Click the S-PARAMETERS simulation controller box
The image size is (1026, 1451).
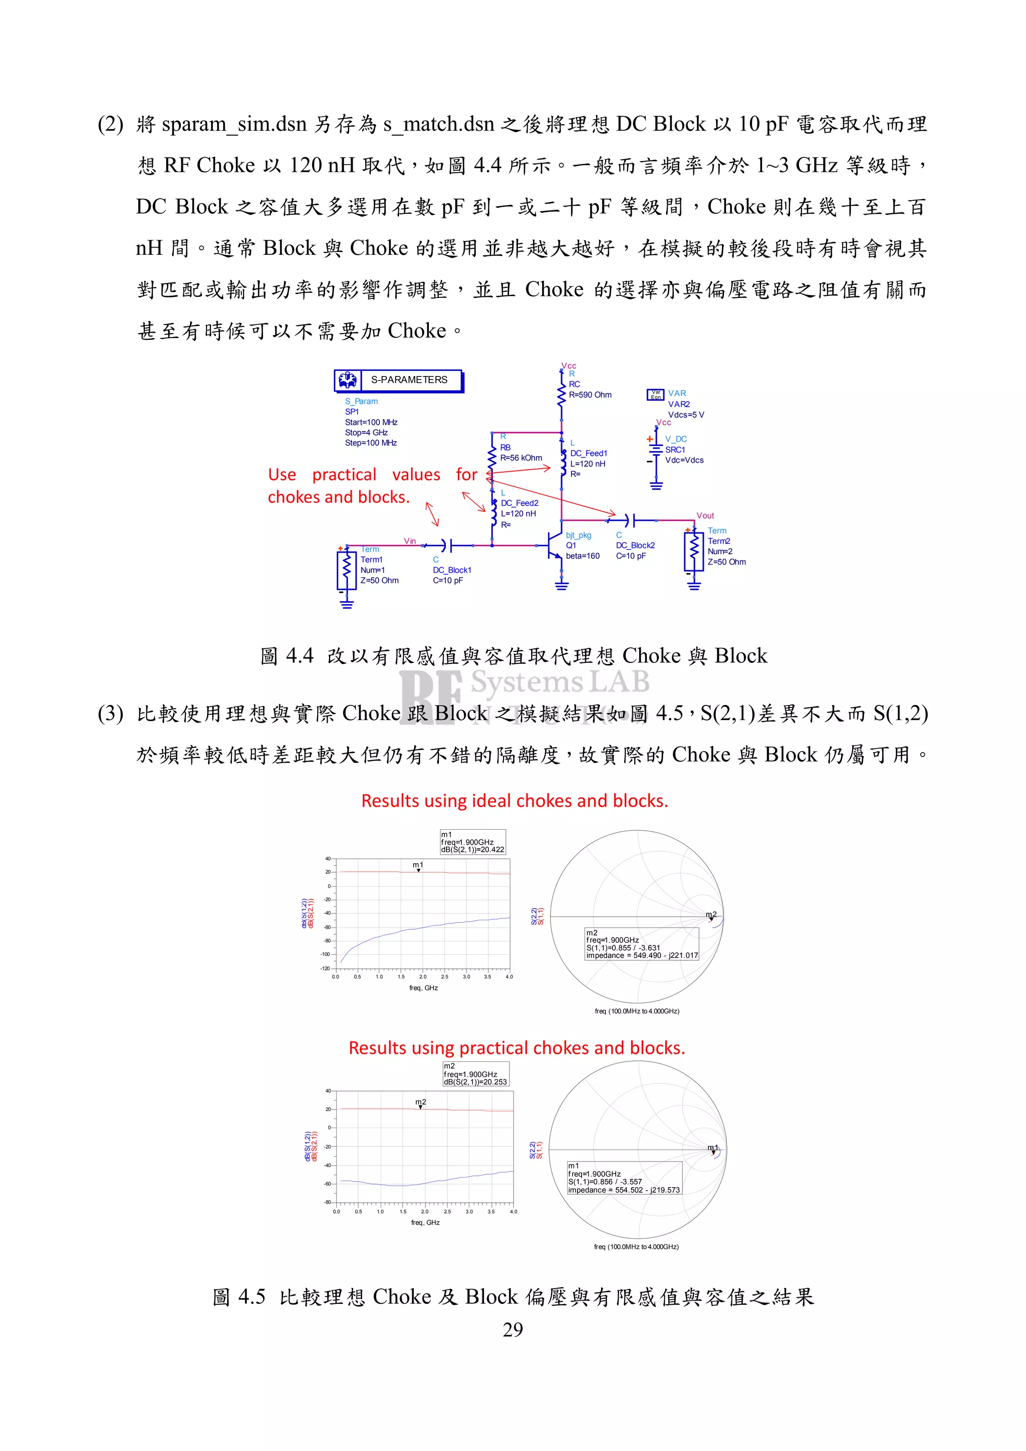pyautogui.click(x=399, y=381)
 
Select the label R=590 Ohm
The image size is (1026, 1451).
pyautogui.click(x=590, y=395)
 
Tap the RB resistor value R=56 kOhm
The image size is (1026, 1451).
pyautogui.click(x=521, y=458)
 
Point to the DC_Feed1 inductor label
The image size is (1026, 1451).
pyautogui.click(x=589, y=453)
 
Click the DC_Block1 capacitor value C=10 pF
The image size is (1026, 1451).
pyautogui.click(x=447, y=581)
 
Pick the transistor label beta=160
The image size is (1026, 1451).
pyautogui.click(x=583, y=556)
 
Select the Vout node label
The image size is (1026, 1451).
pyautogui.click(x=705, y=516)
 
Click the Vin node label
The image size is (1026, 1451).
pyautogui.click(x=410, y=541)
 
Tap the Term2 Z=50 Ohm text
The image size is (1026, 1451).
pyautogui.click(x=726, y=562)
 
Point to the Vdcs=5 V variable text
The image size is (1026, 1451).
pyautogui.click(x=686, y=415)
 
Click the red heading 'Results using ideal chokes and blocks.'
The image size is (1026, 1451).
pyautogui.click(x=515, y=801)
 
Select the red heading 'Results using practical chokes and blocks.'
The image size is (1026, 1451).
pyautogui.click(x=517, y=1048)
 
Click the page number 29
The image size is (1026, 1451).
pyautogui.click(x=512, y=1330)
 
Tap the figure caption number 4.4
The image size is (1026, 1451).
pyautogui.click(x=300, y=656)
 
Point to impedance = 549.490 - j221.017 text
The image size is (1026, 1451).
pyautogui.click(x=642, y=955)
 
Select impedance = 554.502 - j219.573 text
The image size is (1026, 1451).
pyautogui.click(x=624, y=1190)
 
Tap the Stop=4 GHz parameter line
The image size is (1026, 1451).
pyautogui.click(x=366, y=433)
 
